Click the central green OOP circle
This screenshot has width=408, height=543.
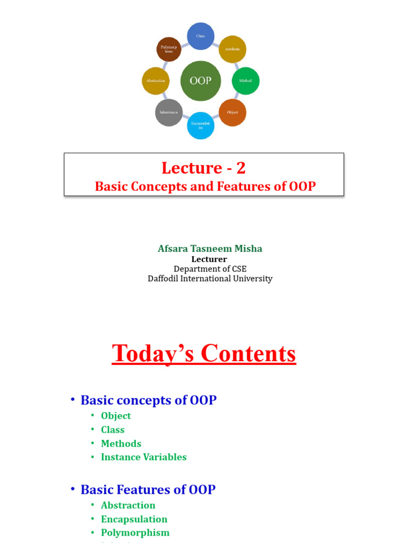[200, 81]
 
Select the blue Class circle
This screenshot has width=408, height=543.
[201, 36]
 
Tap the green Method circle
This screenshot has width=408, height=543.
[246, 81]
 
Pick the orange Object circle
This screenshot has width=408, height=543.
[232, 112]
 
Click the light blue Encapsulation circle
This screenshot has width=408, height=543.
[201, 126]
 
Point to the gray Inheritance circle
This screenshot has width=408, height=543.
[169, 112]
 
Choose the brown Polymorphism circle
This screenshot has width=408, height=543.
[169, 50]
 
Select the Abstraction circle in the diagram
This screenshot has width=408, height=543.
[156, 81]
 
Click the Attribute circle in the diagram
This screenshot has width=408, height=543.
[232, 49]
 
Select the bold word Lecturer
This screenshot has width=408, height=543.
[209, 259]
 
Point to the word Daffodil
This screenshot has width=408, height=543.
[166, 278]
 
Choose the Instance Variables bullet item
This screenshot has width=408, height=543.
[143, 457]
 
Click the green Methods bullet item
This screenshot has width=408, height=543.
[121, 443]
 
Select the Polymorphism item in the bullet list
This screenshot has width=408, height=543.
[135, 532]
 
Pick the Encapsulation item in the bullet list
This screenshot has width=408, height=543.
[134, 519]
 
